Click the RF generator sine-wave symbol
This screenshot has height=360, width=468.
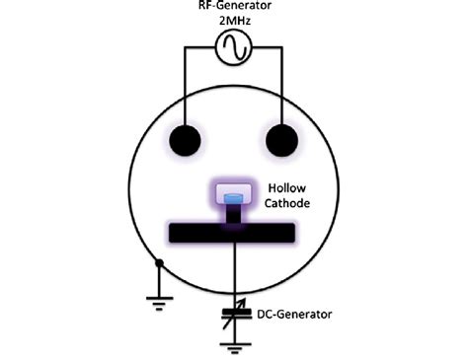(x=234, y=48)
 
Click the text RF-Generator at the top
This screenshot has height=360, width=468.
(x=234, y=7)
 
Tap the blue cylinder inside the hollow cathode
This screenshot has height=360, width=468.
(x=233, y=199)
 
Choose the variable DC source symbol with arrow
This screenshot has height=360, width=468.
(x=234, y=316)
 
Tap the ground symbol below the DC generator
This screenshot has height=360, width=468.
(x=234, y=346)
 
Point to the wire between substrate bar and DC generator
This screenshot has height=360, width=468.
(x=234, y=276)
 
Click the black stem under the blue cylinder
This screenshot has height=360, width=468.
(x=233, y=214)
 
